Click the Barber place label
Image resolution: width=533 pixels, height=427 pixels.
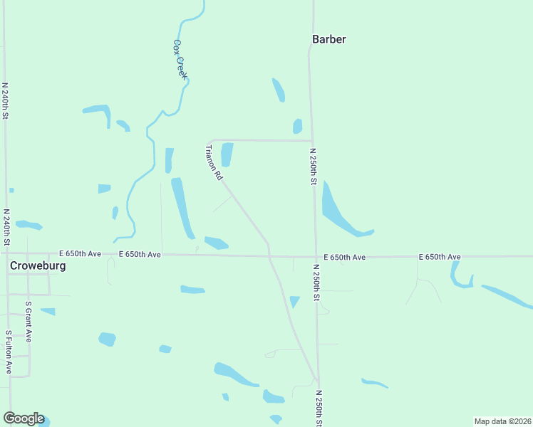[328, 39]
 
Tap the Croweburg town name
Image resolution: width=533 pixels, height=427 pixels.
[38, 265]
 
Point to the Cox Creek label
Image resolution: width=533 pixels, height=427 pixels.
[180, 58]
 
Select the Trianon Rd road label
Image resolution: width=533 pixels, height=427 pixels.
[214, 162]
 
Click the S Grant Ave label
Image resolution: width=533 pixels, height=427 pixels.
[29, 320]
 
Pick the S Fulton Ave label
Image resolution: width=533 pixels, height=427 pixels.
[9, 352]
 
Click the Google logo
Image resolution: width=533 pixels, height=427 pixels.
[24, 418]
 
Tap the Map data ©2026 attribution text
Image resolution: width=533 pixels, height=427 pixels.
[502, 421]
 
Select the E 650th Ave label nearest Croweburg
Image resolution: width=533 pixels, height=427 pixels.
[80, 253]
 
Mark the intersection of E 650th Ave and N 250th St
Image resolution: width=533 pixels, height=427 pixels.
[316, 257]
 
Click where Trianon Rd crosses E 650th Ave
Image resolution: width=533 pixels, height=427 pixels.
[269, 256]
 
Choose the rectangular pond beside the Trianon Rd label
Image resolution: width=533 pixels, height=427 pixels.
[227, 154]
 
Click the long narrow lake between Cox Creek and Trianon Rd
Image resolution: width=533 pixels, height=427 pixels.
[182, 207]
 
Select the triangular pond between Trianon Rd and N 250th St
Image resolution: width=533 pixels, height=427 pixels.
[294, 301]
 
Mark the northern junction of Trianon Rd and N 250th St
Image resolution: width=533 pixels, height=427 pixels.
[312, 141]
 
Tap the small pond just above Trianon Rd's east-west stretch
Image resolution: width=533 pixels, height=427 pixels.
[297, 127]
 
